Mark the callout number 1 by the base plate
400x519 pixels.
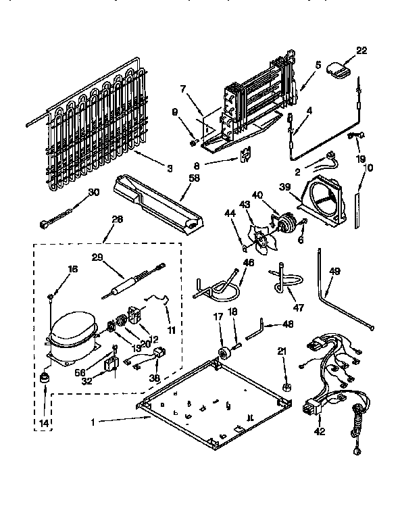[95, 421]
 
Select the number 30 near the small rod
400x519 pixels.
[94, 192]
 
